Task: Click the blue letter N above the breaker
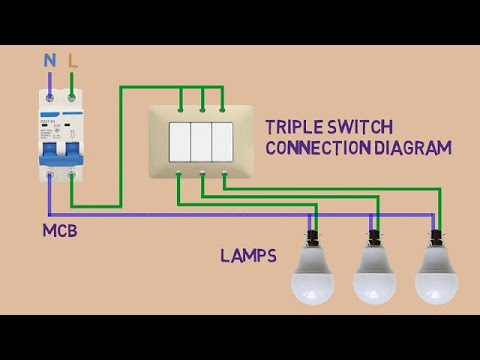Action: tap(50, 61)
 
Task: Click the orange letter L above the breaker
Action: tap(73, 61)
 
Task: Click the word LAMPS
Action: tap(248, 256)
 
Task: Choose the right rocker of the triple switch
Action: tap(224, 142)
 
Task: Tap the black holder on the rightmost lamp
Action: tap(436, 239)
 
